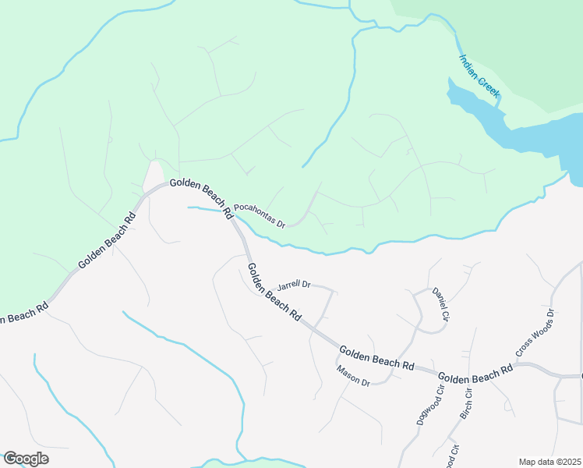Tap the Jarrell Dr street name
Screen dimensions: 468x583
click(294, 285)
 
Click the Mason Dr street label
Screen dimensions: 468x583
click(353, 375)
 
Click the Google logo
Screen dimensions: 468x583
click(25, 459)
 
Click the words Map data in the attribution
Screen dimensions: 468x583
click(535, 462)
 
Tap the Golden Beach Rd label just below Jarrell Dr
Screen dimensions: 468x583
click(274, 292)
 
